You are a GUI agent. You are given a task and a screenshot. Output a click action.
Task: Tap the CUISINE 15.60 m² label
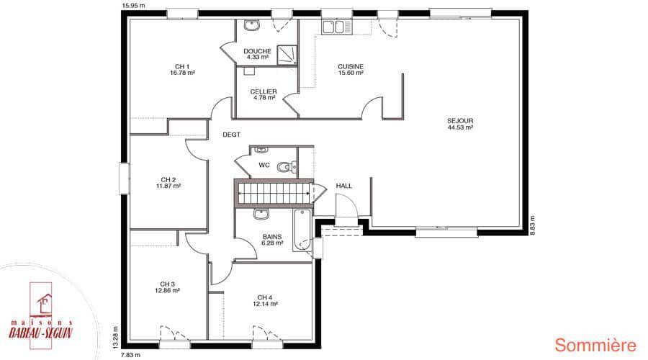click(x=351, y=69)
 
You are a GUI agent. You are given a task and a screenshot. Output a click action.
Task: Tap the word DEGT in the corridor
click(x=231, y=135)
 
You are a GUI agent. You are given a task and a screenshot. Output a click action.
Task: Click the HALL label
click(x=344, y=186)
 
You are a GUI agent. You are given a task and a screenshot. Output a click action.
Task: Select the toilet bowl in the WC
click(x=284, y=166)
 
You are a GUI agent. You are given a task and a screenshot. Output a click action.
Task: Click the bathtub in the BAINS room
click(x=302, y=230)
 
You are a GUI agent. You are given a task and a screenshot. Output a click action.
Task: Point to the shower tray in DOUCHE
click(x=287, y=55)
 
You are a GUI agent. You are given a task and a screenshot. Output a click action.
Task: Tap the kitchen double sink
click(x=337, y=27)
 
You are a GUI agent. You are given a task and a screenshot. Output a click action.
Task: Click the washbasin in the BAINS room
click(x=261, y=214)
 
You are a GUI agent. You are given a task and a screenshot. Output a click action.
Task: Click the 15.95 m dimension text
click(x=133, y=6)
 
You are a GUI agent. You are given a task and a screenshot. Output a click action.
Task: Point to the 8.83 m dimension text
click(x=533, y=225)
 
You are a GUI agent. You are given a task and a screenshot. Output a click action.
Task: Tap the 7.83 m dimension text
click(x=130, y=355)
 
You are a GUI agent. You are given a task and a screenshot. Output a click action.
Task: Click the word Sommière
click(x=595, y=346)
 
